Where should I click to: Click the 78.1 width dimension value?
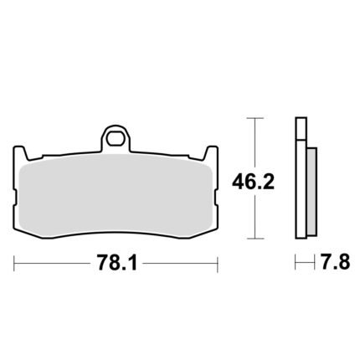click(117, 263)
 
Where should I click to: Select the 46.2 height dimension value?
click(254, 182)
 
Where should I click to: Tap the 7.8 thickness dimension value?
click(335, 262)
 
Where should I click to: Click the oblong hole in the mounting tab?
click(115, 139)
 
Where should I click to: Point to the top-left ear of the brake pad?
click(20, 153)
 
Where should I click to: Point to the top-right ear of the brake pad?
click(211, 153)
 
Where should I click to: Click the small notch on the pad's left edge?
click(15, 198)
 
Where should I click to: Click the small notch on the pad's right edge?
click(216, 198)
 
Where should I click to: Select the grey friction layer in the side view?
click(311, 191)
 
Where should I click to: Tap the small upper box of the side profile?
click(301, 128)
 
